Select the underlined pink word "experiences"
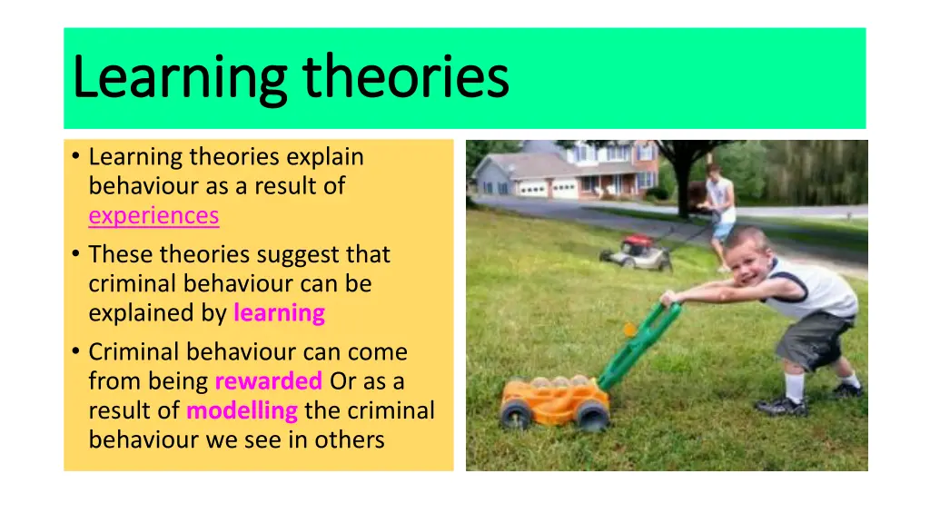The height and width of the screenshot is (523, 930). tap(153, 215)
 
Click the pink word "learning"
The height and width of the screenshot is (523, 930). tap(279, 313)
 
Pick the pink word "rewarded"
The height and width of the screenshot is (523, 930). tap(268, 381)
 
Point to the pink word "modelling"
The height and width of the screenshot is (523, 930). tap(242, 410)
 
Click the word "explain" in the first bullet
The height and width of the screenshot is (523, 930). tap(325, 157)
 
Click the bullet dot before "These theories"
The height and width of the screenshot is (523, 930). tap(74, 254)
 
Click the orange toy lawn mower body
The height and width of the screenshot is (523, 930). tap(549, 396)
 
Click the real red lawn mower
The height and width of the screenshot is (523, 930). tap(636, 252)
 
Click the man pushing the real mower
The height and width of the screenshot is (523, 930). tap(719, 204)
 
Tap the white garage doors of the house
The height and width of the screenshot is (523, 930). tap(549, 188)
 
